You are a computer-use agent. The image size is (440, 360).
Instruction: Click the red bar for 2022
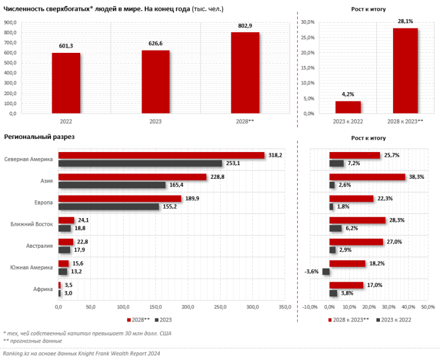[66, 83]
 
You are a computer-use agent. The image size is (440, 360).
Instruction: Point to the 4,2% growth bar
[348, 107]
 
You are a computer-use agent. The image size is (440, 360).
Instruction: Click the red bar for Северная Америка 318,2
[161, 156]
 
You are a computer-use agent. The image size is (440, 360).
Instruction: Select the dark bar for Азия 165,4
[112, 185]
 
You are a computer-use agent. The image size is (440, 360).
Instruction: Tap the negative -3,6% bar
[326, 271]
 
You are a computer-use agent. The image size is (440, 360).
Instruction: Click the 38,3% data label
[415, 176]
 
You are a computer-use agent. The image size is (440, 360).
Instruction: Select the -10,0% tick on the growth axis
[310, 307]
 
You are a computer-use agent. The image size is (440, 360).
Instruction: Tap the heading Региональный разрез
[39, 137]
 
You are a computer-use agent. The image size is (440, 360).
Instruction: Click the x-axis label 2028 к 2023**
[405, 122]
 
